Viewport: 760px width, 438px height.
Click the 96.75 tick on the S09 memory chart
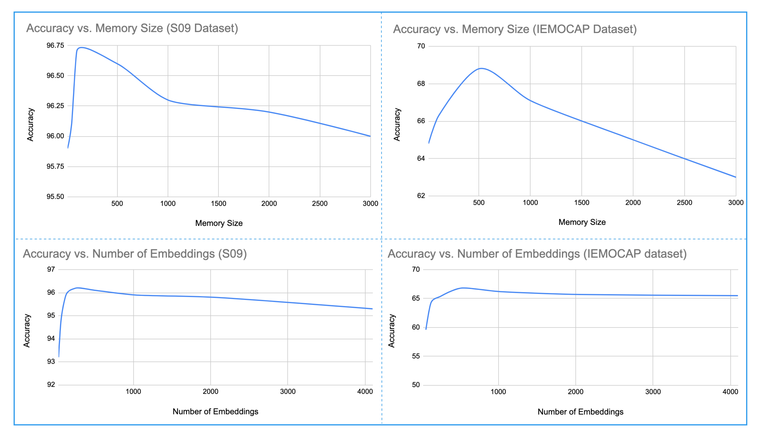coord(55,45)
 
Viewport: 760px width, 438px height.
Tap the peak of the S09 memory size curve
coord(81,47)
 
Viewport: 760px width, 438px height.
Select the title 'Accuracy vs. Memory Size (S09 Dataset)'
coord(132,28)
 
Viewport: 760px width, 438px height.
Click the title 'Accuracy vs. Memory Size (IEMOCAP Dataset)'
coord(515,29)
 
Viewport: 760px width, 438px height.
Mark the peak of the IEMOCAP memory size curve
coord(482,68)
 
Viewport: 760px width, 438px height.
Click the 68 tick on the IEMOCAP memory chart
coord(421,84)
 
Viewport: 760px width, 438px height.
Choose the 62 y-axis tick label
coord(421,196)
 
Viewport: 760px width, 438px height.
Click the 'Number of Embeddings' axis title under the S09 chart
coord(215,412)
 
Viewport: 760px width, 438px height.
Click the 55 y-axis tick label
coord(416,356)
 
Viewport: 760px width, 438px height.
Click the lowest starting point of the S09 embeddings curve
coord(59,357)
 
